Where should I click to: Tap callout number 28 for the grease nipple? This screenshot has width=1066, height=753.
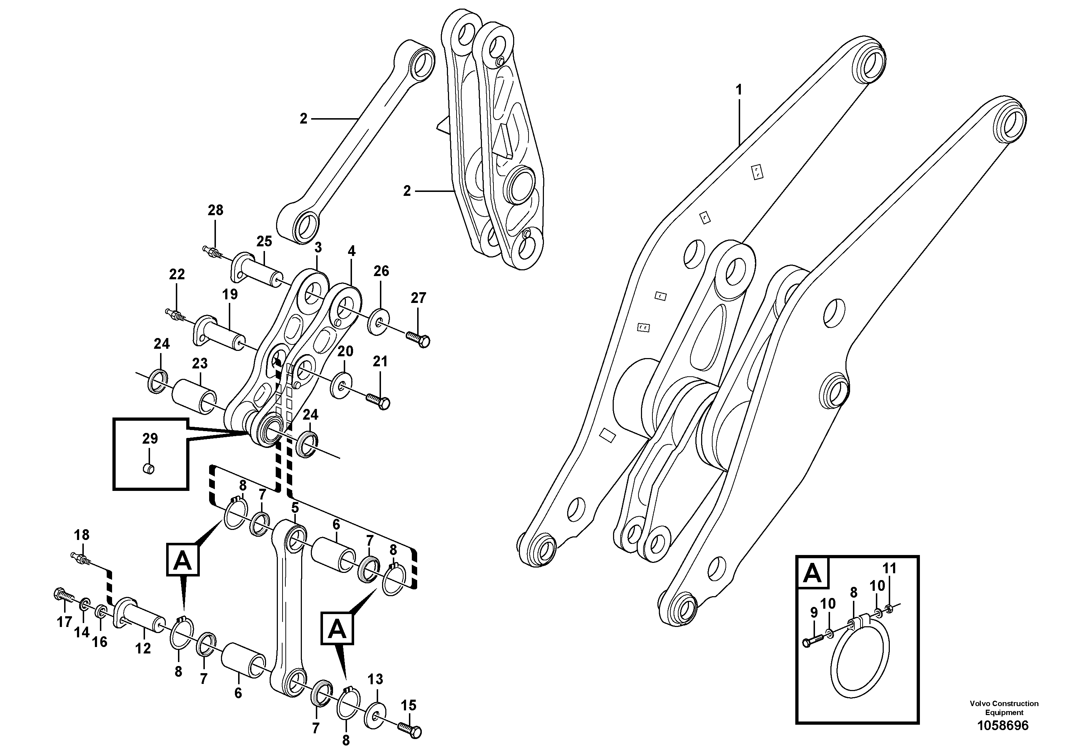(216, 210)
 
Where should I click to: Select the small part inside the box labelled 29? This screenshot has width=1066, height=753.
(148, 469)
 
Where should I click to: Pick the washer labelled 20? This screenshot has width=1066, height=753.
(341, 385)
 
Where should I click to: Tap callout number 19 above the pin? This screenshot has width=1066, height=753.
(230, 294)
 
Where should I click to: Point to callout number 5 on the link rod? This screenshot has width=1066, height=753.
(295, 507)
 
